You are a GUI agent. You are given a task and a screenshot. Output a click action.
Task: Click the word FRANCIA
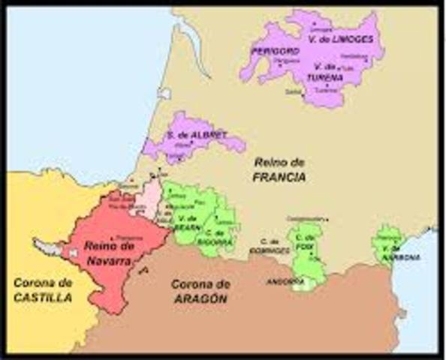coord(279,177)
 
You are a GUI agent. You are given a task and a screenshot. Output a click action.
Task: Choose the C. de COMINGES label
coord(270,244)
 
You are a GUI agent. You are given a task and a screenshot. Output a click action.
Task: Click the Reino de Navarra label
coord(109,253)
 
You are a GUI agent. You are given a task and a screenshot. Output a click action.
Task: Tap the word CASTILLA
coord(42,298)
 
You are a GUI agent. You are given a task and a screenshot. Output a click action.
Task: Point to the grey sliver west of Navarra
coord(47,245)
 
